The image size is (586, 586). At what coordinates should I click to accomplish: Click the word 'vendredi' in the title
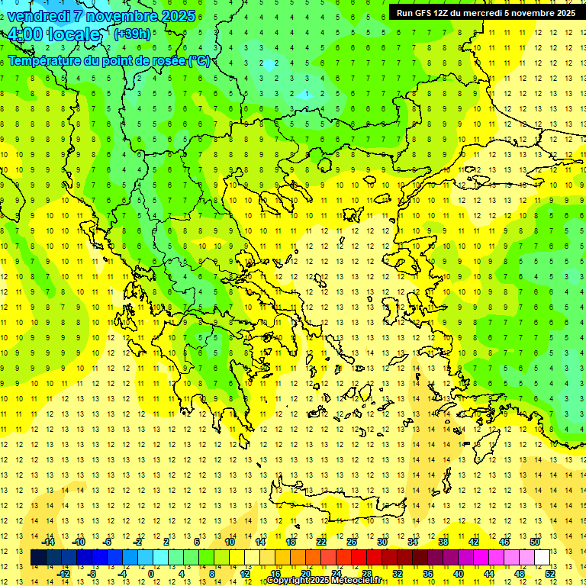(38, 16)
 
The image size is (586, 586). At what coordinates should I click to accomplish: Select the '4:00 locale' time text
(53, 34)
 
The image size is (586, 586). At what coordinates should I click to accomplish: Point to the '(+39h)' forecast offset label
(132, 34)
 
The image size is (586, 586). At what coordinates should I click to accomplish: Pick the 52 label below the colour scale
(550, 573)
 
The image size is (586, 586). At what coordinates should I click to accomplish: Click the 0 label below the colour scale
(150, 573)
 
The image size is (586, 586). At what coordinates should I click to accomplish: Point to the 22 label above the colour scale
(321, 542)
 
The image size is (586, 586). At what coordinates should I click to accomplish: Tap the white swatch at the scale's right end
(542, 557)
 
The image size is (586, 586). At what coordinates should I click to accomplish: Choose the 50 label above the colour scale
(535, 542)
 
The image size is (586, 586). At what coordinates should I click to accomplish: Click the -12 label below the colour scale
(64, 573)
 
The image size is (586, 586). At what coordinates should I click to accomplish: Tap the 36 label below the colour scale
(428, 573)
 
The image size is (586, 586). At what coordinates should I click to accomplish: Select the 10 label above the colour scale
(230, 542)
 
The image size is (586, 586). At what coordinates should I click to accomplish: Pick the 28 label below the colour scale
(367, 573)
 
